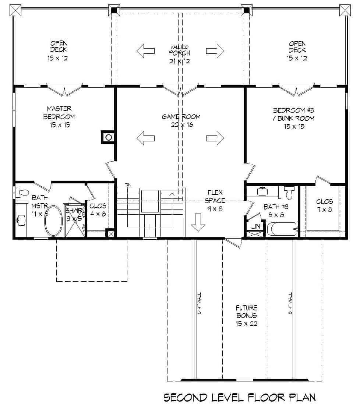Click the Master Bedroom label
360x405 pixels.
point(59,117)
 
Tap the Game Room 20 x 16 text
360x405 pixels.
point(181,121)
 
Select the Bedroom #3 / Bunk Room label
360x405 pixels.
point(294,118)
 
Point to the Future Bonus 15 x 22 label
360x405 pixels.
point(246,316)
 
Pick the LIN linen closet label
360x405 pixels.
point(255,226)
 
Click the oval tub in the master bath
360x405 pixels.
point(54,221)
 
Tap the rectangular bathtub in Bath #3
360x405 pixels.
point(282,229)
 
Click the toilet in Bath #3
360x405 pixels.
point(290,193)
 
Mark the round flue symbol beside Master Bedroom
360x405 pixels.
point(109,138)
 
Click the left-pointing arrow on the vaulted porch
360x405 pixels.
point(145,51)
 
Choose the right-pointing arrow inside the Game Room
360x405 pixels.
point(215,138)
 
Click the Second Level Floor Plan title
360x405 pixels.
point(239,397)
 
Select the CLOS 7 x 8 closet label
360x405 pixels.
point(324,206)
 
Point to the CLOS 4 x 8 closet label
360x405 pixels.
point(98,210)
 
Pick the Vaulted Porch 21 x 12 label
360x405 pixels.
point(179,54)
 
